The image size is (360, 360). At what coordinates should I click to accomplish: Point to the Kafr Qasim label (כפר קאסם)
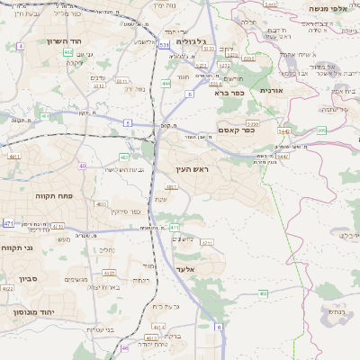[237, 130]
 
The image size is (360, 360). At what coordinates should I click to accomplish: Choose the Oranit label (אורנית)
[271, 91]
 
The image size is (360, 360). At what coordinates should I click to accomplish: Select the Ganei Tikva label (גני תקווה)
[17, 247]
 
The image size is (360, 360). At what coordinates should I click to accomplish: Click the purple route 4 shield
[20, 45]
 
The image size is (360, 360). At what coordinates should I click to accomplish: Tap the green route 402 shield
[68, 53]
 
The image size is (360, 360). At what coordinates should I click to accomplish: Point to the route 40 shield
[82, 166]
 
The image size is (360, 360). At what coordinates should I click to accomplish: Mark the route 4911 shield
[14, 157]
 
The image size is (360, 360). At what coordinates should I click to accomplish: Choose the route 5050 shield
[253, 122]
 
